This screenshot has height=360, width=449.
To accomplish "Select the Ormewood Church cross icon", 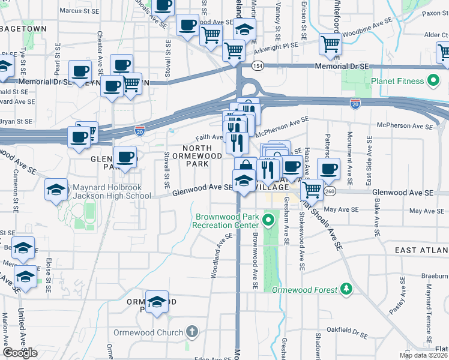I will [191, 331].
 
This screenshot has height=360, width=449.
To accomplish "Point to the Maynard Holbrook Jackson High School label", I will [112, 191].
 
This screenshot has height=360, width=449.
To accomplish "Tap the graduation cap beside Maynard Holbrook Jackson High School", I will [56, 190].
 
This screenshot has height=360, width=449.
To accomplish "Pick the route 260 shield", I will [331, 191].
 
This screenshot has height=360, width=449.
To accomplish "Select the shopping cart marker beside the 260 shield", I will [311, 190].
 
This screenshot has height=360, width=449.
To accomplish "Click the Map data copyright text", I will [423, 355].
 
